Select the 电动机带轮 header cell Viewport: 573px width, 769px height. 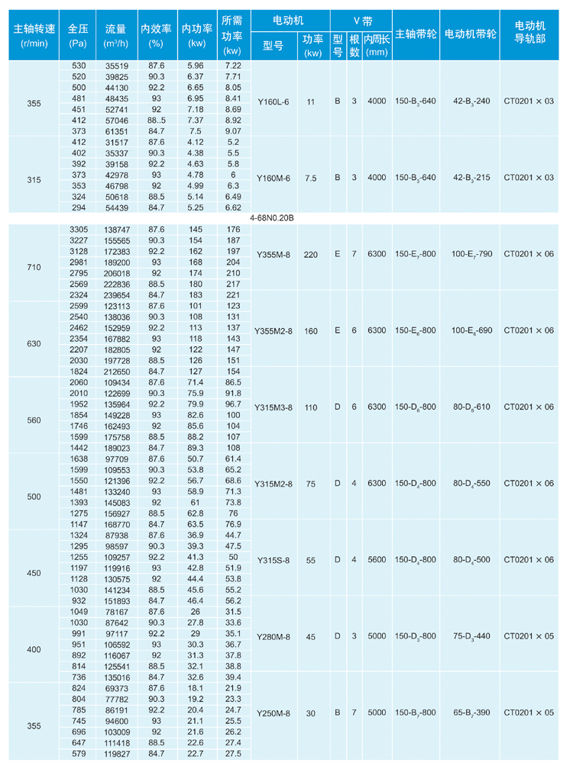[470, 35]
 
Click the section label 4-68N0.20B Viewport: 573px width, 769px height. [272, 218]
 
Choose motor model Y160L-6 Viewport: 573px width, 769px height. [273, 101]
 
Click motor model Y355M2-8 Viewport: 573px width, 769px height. [273, 330]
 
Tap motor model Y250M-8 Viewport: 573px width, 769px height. [273, 713]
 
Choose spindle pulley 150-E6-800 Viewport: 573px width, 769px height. [416, 330]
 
